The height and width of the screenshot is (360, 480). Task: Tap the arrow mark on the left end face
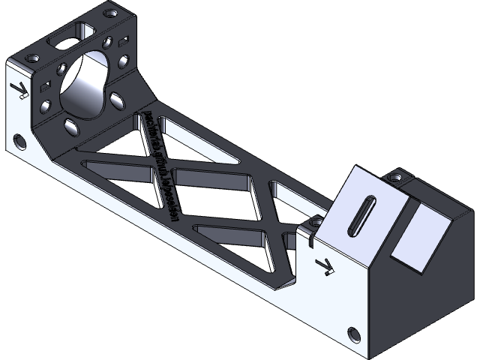[x=20, y=91]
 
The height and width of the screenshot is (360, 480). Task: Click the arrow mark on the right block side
[x=326, y=265]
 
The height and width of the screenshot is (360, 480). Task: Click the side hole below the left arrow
[x=19, y=142]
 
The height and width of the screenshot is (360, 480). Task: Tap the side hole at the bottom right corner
[x=353, y=334]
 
